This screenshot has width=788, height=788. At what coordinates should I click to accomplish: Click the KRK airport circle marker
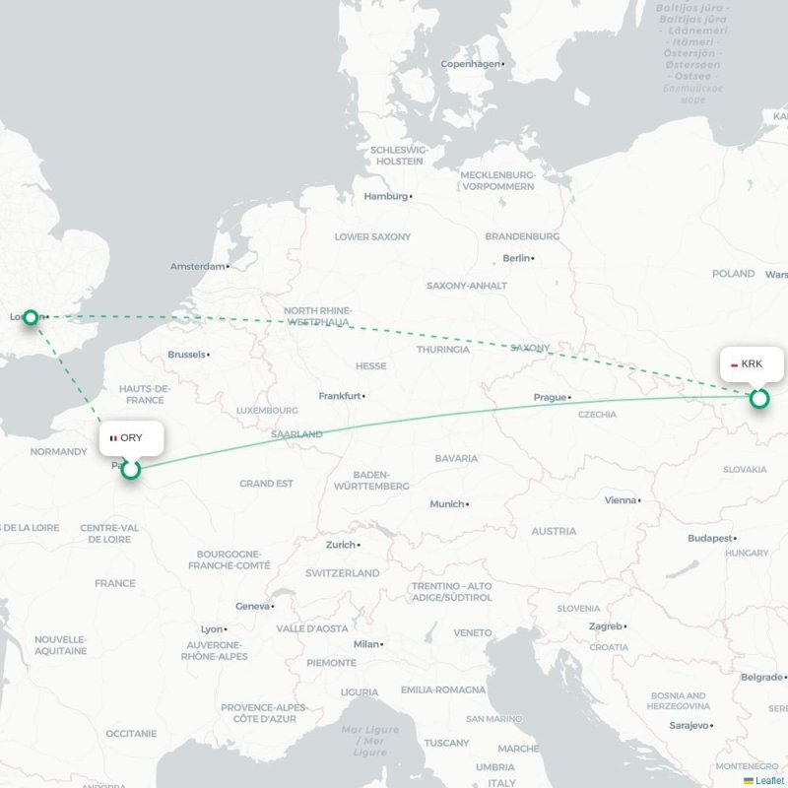click(x=758, y=398)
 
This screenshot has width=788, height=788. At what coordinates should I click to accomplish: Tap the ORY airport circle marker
click(x=130, y=469)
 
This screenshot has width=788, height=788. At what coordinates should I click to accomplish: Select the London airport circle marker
click(x=31, y=317)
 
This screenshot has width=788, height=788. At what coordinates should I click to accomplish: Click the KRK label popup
click(x=752, y=363)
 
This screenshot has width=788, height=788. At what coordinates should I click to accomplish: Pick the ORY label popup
click(x=131, y=437)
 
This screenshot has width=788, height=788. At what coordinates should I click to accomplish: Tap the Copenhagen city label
click(x=471, y=64)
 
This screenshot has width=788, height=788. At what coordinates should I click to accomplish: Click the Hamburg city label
click(x=386, y=196)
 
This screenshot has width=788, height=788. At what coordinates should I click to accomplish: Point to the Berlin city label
click(x=516, y=258)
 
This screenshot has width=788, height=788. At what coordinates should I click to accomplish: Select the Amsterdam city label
click(x=197, y=266)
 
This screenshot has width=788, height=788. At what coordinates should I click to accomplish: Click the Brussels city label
click(x=187, y=354)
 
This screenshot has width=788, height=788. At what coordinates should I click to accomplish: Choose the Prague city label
click(x=550, y=397)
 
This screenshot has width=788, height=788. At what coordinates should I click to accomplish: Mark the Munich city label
click(x=446, y=503)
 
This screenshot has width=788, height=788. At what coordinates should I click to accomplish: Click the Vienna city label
click(x=621, y=499)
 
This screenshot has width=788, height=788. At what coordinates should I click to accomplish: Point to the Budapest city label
click(x=710, y=538)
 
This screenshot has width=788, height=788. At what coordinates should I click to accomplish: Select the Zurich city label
click(x=341, y=544)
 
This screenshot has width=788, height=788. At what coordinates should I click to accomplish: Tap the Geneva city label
click(x=253, y=606)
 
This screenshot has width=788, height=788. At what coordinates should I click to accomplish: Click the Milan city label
click(x=366, y=643)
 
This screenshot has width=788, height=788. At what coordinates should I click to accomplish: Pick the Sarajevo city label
click(x=689, y=725)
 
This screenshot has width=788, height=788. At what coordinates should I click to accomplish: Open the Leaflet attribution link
click(x=769, y=780)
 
